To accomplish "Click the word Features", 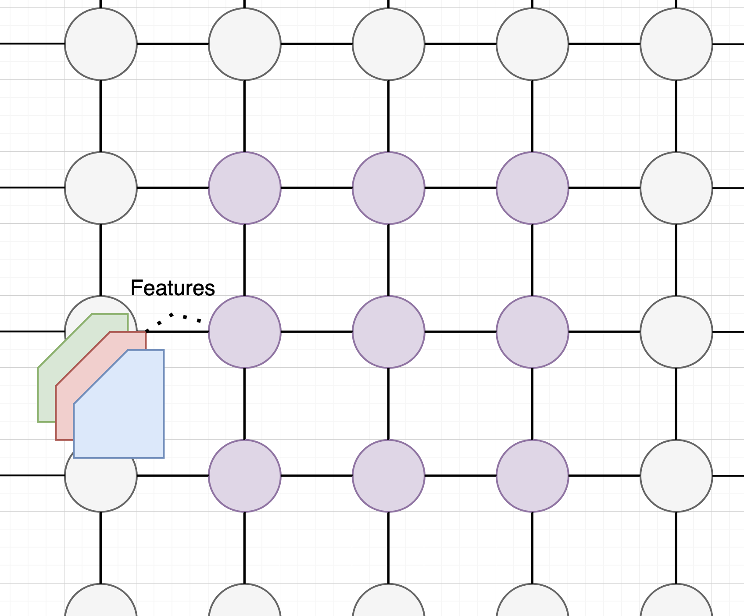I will tap(173, 288).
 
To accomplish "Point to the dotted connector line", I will tap(175, 315).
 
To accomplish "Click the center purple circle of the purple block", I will tap(388, 332).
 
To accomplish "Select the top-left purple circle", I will tap(244, 188).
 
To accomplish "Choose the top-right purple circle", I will tap(532, 188).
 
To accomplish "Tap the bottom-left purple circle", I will tap(244, 476).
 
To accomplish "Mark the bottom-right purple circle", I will tap(532, 476).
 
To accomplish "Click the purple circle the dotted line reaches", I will tap(244, 332).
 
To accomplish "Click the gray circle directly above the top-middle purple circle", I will tap(388, 44).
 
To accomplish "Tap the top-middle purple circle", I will tap(388, 188).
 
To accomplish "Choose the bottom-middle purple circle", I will tap(388, 476).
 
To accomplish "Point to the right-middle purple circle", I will tap(532, 332).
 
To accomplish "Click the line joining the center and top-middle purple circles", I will tap(388, 260).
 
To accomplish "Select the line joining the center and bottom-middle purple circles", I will tap(388, 404).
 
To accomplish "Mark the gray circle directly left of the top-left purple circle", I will tap(101, 188).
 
